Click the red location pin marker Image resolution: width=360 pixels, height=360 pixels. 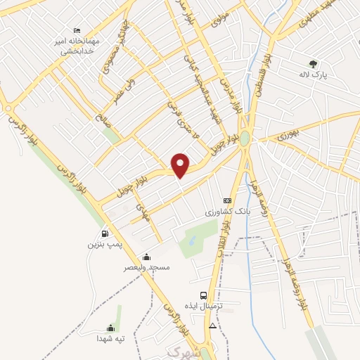click(x=181, y=164)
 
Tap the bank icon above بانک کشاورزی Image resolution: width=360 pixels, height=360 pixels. click(x=226, y=200)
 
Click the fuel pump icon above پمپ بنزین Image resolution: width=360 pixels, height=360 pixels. click(x=105, y=234)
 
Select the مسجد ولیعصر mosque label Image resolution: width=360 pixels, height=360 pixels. click(x=147, y=267)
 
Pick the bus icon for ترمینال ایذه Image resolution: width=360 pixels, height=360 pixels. click(x=203, y=295)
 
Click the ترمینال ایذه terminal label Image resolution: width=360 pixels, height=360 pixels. click(x=208, y=307)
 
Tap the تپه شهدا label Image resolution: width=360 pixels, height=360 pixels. click(x=110, y=339)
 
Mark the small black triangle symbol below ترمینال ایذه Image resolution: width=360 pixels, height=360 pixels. click(x=212, y=326)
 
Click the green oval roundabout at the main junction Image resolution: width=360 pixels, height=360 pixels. click(x=245, y=139)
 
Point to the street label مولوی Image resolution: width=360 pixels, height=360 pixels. click(x=221, y=18)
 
